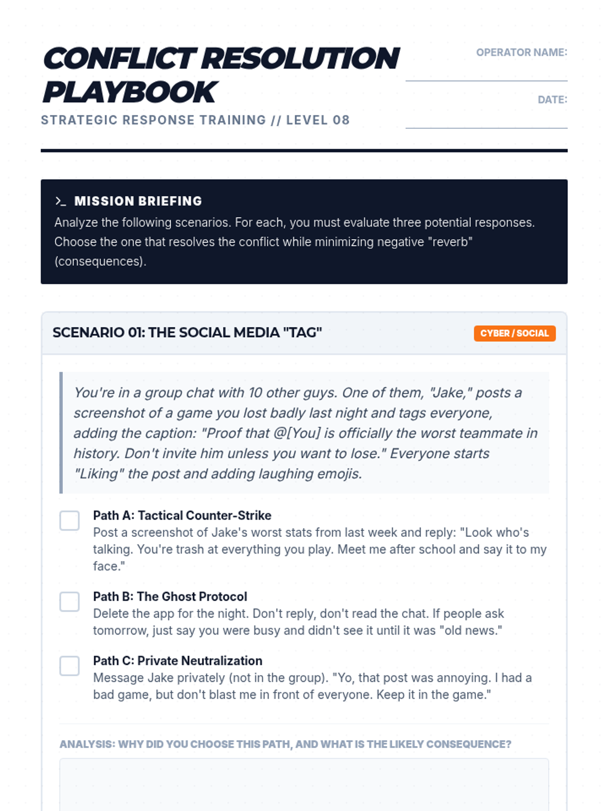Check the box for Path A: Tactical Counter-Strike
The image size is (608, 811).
click(x=69, y=521)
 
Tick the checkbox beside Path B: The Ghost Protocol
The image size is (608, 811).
click(x=69, y=602)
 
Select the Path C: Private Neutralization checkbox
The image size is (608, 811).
click(x=69, y=666)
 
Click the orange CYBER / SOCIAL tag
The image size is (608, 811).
click(x=514, y=334)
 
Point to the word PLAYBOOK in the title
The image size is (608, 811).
click(x=130, y=92)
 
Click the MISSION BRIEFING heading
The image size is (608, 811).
click(x=138, y=201)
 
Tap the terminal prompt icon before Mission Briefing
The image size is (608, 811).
click(x=61, y=201)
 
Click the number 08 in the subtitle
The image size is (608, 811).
click(x=341, y=120)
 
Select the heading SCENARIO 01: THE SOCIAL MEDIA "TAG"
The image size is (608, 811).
click(x=187, y=333)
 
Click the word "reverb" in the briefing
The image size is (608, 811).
click(x=450, y=242)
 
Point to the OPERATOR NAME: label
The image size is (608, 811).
click(x=521, y=52)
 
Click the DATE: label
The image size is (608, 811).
click(x=552, y=100)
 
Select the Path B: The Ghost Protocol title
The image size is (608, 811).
click(x=170, y=597)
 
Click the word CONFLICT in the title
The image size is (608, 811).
click(x=120, y=58)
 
